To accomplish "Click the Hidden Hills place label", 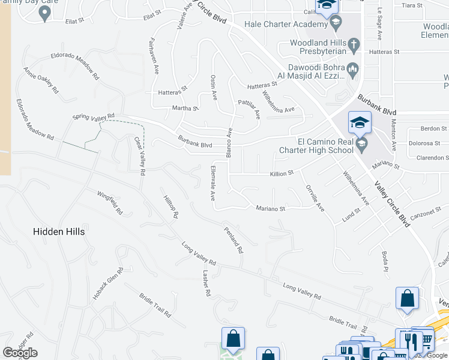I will [x=59, y=231].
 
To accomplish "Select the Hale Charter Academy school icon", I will [x=336, y=25].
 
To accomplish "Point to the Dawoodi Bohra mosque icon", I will [x=353, y=68].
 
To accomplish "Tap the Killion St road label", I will [x=282, y=173].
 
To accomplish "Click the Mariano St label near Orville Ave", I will [x=270, y=208].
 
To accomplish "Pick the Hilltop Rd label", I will [x=170, y=206].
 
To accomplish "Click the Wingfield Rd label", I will [x=110, y=203].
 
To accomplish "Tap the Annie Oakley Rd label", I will [x=41, y=80].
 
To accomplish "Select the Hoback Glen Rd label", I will [x=108, y=283].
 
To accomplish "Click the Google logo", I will [x=20, y=353].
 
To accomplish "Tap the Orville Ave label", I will [x=315, y=198].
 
